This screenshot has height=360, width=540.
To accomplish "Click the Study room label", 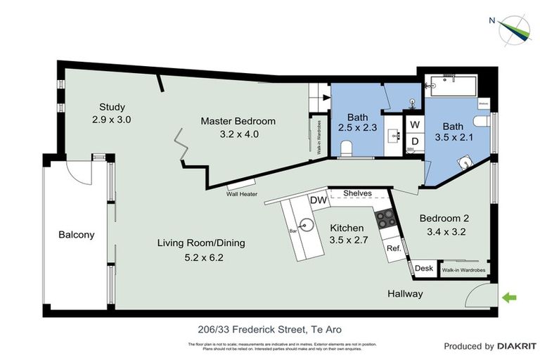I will click(x=112, y=108).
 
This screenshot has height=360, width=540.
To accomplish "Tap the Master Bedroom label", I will click(x=238, y=121).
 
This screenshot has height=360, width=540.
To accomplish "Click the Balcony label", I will click(x=76, y=235).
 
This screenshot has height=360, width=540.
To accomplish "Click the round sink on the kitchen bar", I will click(x=304, y=225).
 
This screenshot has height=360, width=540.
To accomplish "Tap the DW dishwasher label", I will click(x=319, y=200).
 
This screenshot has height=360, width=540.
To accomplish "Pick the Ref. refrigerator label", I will click(x=394, y=248).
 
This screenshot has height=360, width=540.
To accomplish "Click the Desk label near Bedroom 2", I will click(x=423, y=269).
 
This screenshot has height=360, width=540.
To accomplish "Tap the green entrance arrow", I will click(x=509, y=298).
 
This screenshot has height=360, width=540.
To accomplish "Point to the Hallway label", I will click(x=405, y=293).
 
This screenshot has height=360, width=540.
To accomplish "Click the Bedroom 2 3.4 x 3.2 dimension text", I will click(x=442, y=230).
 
